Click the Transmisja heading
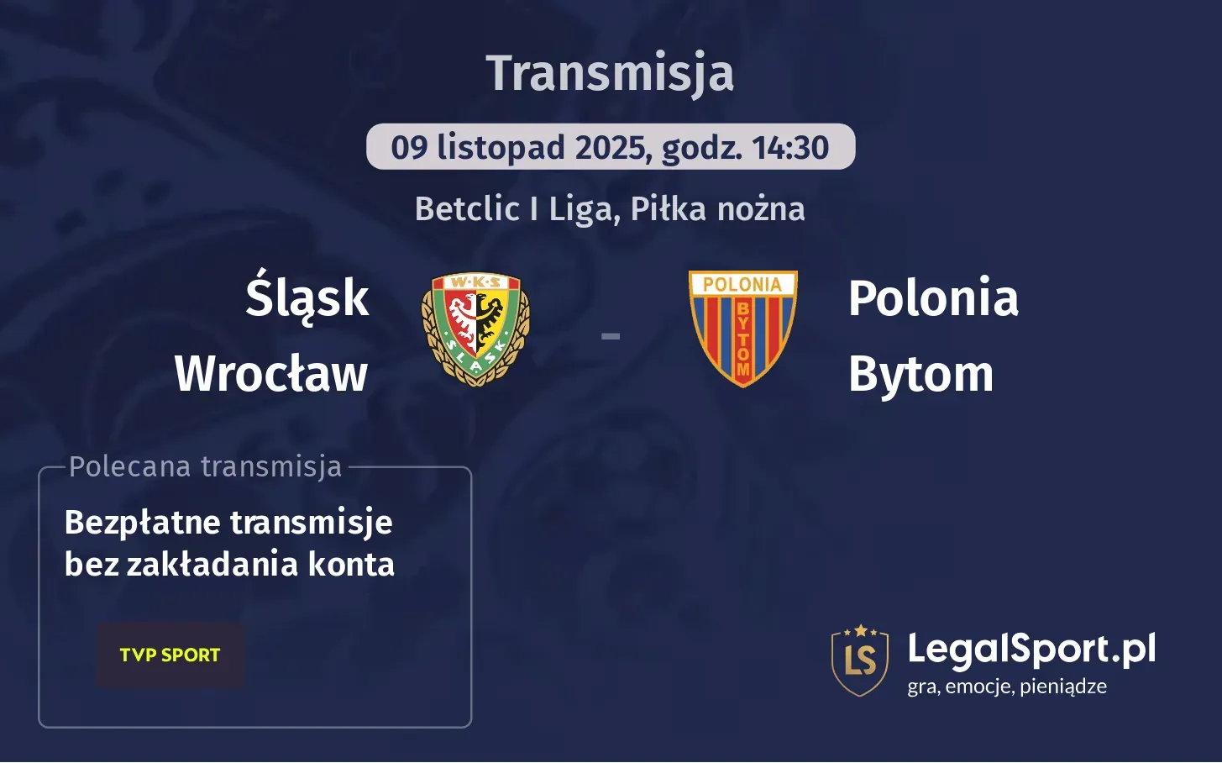pyautogui.click(x=610, y=73)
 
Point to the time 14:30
pyautogui.click(x=790, y=148)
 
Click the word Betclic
pyautogui.click(x=467, y=209)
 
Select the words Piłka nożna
pyautogui.click(x=717, y=209)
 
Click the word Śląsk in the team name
pyautogui.click(x=307, y=297)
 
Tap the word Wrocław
pyautogui.click(x=271, y=373)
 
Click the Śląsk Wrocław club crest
pyautogui.click(x=475, y=329)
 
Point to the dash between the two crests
pyautogui.click(x=611, y=336)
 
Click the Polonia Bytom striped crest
pyautogui.click(x=742, y=329)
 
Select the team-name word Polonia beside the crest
pyautogui.click(x=933, y=298)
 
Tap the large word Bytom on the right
pyautogui.click(x=920, y=374)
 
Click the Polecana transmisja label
pyautogui.click(x=206, y=466)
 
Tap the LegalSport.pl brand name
pyautogui.click(x=1031, y=649)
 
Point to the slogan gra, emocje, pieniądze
pyautogui.click(x=1006, y=687)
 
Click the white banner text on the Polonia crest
pyautogui.click(x=742, y=285)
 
